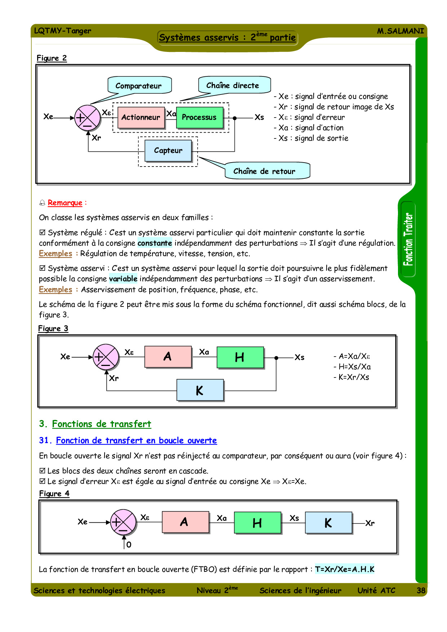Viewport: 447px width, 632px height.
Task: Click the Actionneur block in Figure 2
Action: pos(141,117)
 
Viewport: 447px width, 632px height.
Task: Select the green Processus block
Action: pos(199,117)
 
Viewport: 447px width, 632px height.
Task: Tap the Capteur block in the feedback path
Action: pos(168,150)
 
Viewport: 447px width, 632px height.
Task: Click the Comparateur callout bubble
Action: pos(139,86)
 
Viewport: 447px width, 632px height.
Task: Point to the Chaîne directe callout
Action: pos(233,85)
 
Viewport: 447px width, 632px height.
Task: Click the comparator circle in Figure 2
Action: pos(87,118)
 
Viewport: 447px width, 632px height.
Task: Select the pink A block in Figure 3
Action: pos(168,357)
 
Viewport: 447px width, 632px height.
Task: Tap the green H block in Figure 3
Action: pos(240,357)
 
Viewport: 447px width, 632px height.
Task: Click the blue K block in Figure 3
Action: pos(200,390)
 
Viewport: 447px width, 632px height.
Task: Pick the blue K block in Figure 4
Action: pos(328,522)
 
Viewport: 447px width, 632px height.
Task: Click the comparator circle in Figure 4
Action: pos(123,522)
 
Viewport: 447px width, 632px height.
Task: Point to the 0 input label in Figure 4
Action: pos(129,544)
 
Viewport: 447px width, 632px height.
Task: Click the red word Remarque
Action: pos(65,203)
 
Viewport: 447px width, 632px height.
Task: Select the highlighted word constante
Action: pos(155,243)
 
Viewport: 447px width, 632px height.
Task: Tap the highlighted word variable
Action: pos(123,279)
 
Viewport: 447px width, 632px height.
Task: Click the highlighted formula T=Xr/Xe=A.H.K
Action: pos(345,569)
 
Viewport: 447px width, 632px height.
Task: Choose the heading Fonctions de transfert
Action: pos(101,424)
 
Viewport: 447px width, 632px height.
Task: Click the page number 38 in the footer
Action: pos(421,590)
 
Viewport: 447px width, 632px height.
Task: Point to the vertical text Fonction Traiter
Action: pos(408,239)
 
